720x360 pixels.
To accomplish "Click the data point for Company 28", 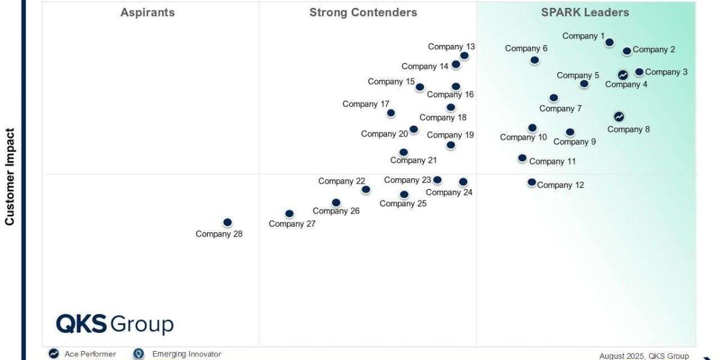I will click(227, 223).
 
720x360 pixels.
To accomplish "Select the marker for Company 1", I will click(610, 42).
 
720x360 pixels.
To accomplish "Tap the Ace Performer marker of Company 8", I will click(619, 116).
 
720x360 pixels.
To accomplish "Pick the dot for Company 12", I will click(532, 182).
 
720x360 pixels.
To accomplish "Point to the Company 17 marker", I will click(391, 113).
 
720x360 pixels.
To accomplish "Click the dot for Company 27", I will click(289, 214).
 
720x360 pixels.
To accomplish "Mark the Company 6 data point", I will click(535, 60).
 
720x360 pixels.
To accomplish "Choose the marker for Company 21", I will click(404, 152).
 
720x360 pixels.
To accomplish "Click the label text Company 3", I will click(666, 72).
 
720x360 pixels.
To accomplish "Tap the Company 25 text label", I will click(403, 203).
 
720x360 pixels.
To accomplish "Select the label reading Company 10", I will click(523, 137).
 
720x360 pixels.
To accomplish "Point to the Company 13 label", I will click(451, 47).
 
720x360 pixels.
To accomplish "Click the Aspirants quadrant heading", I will click(148, 12).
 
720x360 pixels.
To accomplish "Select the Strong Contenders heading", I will click(363, 12).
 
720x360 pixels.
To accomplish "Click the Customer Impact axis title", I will click(10, 177).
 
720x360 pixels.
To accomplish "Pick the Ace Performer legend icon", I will click(54, 354).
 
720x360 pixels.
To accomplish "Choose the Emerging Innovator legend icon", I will click(139, 354).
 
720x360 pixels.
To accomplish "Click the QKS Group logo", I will click(115, 325).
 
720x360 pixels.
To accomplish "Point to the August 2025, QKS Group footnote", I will click(644, 356).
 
